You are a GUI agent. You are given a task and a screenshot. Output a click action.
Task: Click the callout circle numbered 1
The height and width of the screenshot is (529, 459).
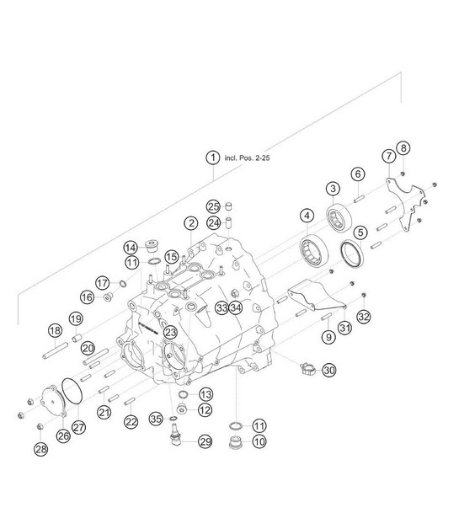pos(213,158)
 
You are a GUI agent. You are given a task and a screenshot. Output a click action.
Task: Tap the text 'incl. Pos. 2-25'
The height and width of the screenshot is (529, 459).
pos(248,158)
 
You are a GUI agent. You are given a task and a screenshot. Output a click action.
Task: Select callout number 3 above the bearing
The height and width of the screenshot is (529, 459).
pos(333,189)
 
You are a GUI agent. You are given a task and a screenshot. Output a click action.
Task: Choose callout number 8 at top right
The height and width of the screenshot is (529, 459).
pos(403,147)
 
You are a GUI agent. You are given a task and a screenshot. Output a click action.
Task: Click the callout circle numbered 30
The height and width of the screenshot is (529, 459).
pos(329,371)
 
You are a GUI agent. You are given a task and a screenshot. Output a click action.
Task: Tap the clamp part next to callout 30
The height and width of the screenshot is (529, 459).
pos(307,368)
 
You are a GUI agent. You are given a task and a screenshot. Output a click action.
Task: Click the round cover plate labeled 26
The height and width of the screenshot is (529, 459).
pos(53,401)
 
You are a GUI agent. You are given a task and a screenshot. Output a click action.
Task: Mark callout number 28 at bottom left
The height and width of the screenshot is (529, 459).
pos(41,449)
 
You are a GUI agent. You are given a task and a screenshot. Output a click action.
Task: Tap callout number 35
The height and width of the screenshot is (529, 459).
pos(156,419)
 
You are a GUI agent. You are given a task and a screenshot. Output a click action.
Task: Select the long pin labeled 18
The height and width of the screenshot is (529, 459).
pos(56,350)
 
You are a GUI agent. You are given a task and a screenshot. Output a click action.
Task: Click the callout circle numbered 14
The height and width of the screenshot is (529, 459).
pos(131,248)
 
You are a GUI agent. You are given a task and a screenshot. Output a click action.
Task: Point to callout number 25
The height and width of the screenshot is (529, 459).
pos(213,206)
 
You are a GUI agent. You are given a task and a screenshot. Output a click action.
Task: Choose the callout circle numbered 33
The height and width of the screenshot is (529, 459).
pos(221,307)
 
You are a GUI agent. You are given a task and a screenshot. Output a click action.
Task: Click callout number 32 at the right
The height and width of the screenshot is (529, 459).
pos(364,317)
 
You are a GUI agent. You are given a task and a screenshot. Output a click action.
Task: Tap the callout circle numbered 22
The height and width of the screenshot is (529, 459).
pos(131,421)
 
